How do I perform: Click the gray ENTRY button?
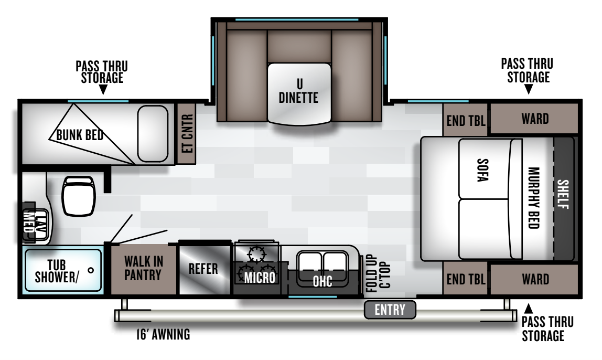[x=390, y=310]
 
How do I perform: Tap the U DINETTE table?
[x=299, y=94]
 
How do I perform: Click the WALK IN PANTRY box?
[x=144, y=269]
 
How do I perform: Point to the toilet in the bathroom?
[x=79, y=196]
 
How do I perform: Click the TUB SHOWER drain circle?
[x=91, y=270]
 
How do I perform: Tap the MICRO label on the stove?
[x=260, y=278]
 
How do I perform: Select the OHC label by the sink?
[x=322, y=281]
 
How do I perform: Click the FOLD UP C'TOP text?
[x=378, y=273]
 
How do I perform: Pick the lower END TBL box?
[x=465, y=279]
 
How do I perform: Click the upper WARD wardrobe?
[x=534, y=118]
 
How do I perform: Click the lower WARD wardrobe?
[x=534, y=279]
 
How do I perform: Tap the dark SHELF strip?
[x=563, y=199]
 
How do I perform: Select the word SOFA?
[x=482, y=170]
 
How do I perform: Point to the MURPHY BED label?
[x=534, y=198]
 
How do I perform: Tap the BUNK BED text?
[x=80, y=135]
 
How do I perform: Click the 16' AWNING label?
[x=163, y=334]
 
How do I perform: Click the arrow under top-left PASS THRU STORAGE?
[x=103, y=90]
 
